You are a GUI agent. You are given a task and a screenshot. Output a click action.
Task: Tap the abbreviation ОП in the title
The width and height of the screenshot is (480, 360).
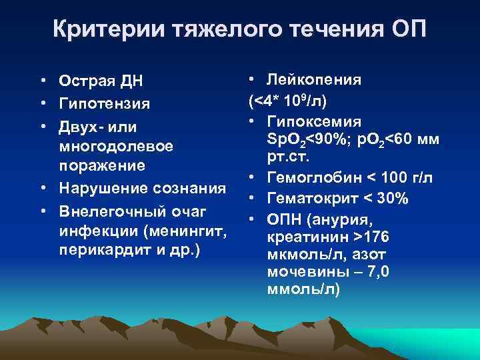point(406,30)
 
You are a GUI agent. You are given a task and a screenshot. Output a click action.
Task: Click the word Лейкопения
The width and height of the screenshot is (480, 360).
point(313,80)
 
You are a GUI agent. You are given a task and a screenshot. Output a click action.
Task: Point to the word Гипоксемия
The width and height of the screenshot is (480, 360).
point(314,121)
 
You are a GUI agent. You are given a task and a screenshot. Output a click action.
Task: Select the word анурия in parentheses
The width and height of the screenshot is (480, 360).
point(331,219)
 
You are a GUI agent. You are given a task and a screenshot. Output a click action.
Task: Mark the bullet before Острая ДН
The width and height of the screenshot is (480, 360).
point(42,81)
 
